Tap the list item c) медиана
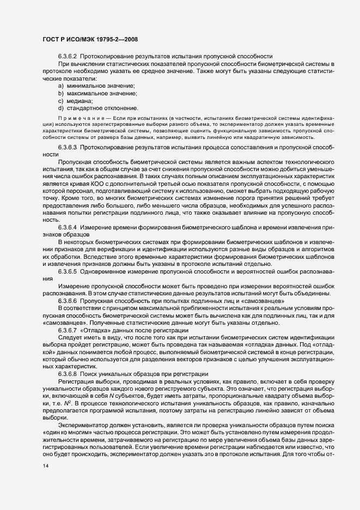point(76,101)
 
